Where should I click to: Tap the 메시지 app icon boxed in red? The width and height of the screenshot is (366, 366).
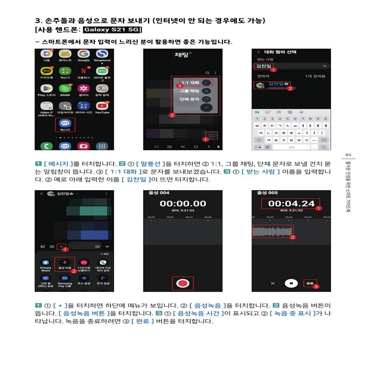[x=65, y=124]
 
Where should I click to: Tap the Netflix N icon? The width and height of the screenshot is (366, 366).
[x=84, y=71]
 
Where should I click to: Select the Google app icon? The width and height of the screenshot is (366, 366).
[x=84, y=54]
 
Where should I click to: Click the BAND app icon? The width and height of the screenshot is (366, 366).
[x=65, y=88]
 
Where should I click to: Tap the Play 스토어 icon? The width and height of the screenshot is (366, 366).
[x=47, y=88]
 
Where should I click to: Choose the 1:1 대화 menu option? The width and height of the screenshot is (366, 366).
[x=191, y=82]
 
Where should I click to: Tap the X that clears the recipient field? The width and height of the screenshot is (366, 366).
[x=324, y=66]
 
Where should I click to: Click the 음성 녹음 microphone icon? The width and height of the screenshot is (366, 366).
[x=64, y=263]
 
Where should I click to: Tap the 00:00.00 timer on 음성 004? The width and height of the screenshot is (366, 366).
[x=182, y=204]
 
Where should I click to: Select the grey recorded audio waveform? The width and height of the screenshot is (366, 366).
[x=272, y=231]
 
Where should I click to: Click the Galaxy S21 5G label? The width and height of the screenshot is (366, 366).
[x=111, y=30]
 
